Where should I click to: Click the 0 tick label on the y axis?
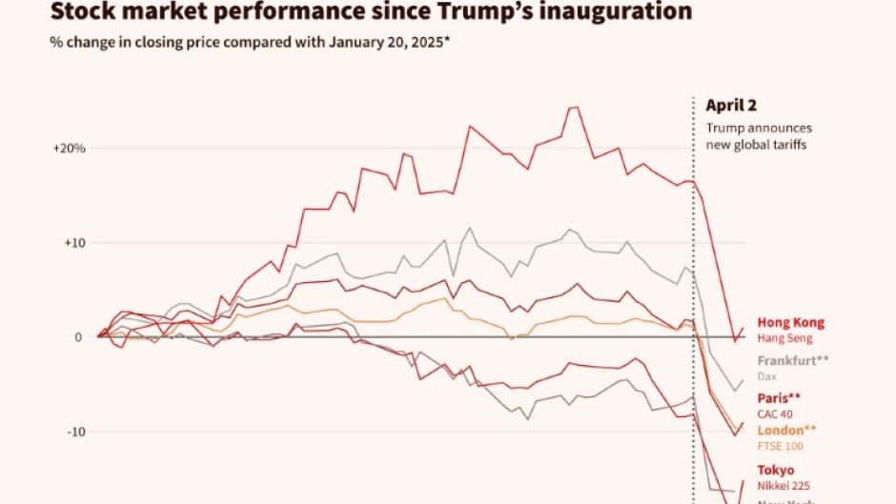(81, 337)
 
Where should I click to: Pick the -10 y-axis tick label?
(76, 432)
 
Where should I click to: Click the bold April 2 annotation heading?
(731, 107)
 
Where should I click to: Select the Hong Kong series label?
(790, 323)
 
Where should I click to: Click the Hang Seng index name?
(784, 338)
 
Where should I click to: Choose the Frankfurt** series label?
(794, 361)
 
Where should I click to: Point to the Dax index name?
(767, 376)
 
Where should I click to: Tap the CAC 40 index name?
(776, 413)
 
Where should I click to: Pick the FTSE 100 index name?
(780, 445)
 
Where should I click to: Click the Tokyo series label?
(776, 470)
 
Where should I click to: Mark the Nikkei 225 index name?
(784, 485)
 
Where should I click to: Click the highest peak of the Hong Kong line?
(575, 107)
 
